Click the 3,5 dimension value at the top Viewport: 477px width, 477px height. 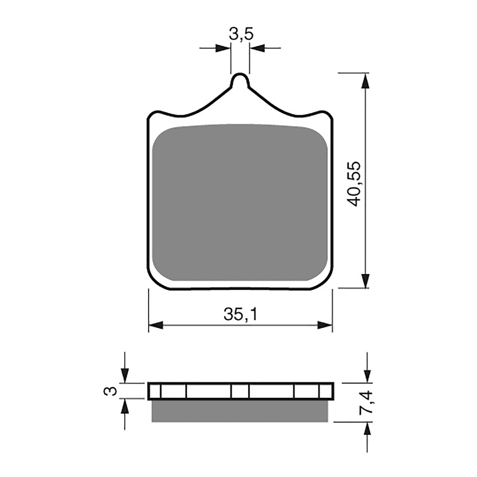coord(241,34)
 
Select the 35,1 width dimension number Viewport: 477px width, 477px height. coord(240,315)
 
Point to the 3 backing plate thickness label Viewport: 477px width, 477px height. coord(110,391)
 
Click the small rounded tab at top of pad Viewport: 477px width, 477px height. coord(240,80)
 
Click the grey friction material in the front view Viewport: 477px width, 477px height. coord(240,203)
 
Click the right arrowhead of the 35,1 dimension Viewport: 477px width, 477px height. coord(325,325)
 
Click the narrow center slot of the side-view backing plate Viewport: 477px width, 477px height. coord(240,391)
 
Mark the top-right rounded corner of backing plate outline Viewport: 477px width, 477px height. coord(327,114)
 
